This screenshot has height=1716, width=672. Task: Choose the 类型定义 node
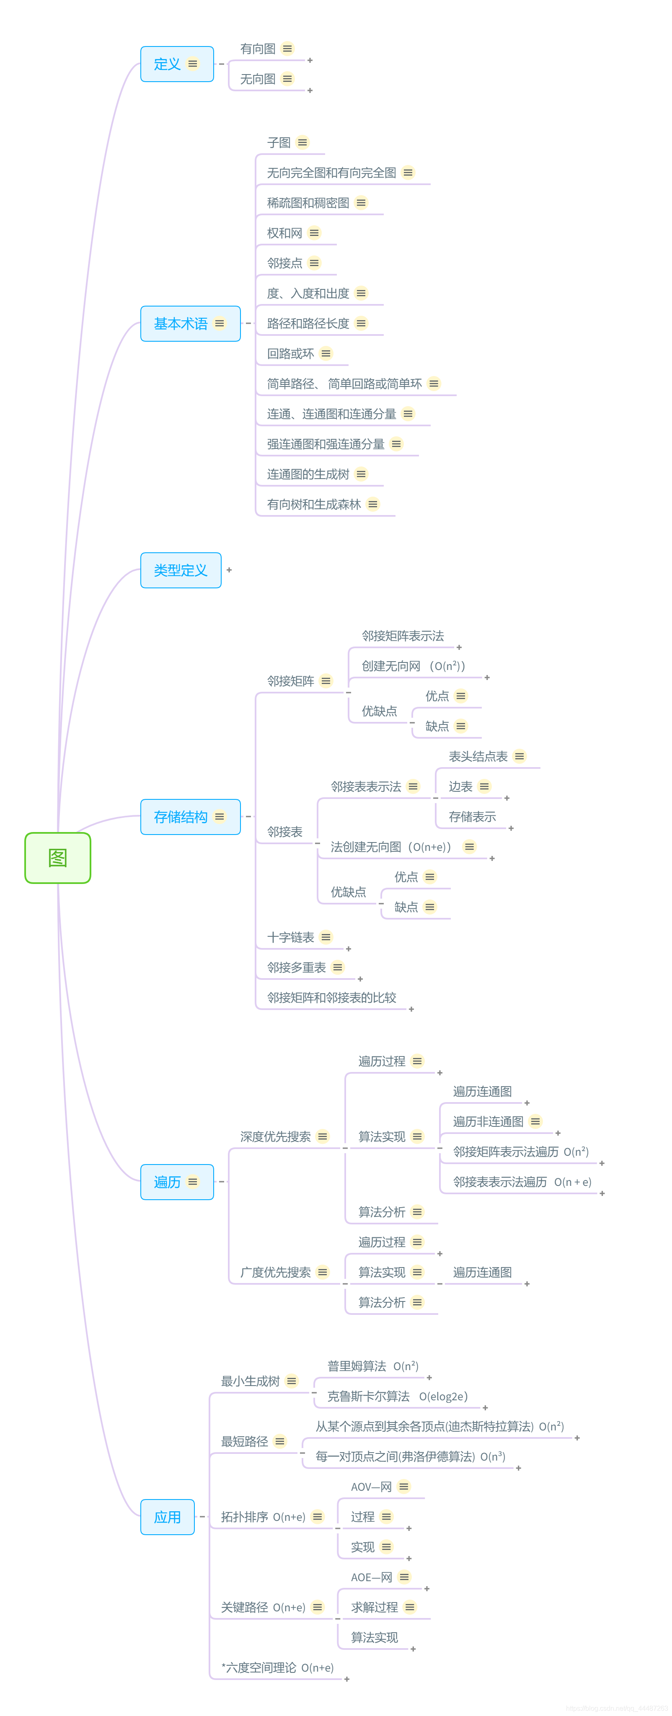[x=181, y=570]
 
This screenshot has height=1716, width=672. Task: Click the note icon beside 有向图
[x=287, y=49]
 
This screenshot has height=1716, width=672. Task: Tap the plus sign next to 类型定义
[x=229, y=570]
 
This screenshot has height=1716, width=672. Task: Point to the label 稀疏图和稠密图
[x=308, y=203]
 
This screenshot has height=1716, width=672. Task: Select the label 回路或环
[x=291, y=354]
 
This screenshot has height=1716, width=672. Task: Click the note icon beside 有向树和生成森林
[x=373, y=504]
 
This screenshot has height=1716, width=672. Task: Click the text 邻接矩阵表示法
[x=403, y=636]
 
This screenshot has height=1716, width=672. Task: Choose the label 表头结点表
[x=478, y=757]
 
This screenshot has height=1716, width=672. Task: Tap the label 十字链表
[x=291, y=937]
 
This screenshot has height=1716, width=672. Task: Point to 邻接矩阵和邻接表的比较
[x=331, y=997]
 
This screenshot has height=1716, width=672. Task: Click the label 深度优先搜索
[x=275, y=1136]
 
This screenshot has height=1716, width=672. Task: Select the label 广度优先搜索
[x=275, y=1273]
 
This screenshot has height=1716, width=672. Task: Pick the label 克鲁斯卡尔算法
[x=369, y=1396]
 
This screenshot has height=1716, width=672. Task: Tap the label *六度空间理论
[x=258, y=1667]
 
